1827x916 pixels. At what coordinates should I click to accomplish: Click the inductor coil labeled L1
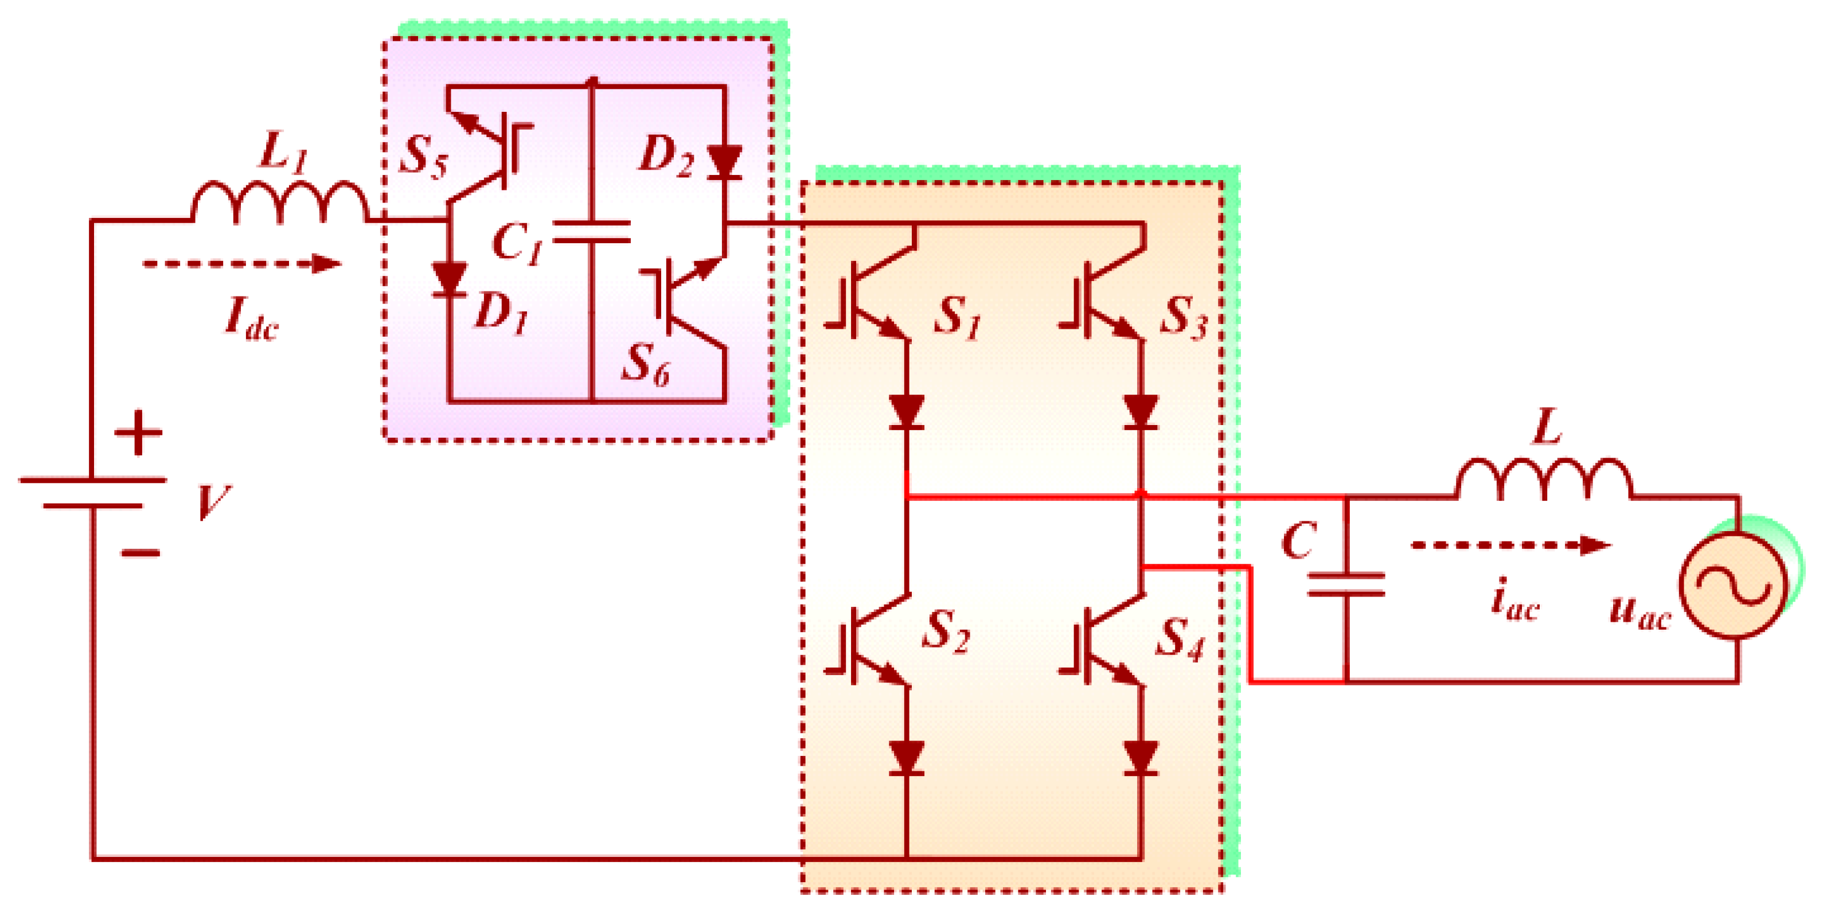(280, 202)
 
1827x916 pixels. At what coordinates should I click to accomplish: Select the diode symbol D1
(450, 279)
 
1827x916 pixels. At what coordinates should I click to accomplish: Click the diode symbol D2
(725, 162)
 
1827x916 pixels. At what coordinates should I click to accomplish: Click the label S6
(645, 365)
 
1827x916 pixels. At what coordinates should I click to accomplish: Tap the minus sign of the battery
(140, 552)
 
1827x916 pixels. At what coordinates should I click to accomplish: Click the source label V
(213, 502)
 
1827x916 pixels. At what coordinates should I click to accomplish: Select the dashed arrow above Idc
(241, 264)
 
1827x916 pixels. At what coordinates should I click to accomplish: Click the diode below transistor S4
(1141, 758)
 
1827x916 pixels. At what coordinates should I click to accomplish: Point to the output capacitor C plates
(1345, 584)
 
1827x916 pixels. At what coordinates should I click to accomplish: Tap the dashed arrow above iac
(1510, 545)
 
